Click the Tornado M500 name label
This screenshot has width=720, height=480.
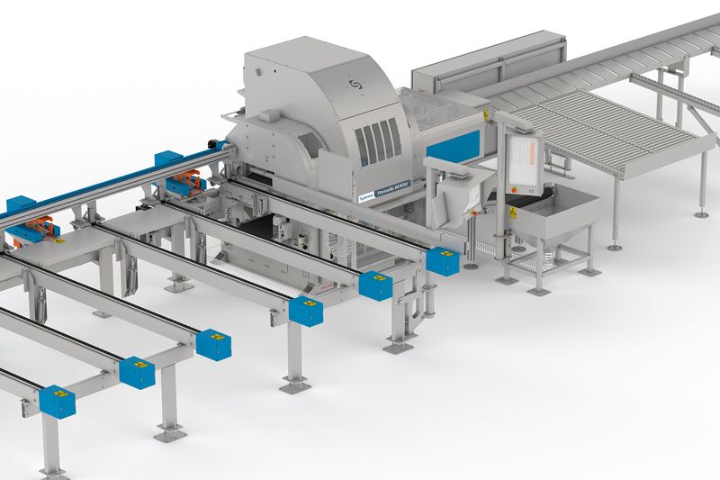[x=382, y=188]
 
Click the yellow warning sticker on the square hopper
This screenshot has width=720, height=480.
[x=512, y=213]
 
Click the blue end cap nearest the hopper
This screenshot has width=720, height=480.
[x=443, y=261]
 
